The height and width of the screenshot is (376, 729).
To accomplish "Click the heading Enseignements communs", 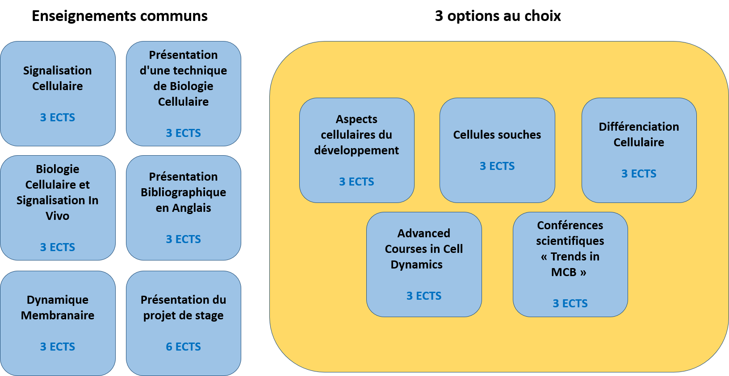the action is point(119,16).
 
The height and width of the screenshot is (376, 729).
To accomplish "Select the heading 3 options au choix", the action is point(498,16).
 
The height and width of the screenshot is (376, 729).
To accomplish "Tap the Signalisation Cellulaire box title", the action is point(58,79).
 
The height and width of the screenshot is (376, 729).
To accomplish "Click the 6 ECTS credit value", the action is point(183,347).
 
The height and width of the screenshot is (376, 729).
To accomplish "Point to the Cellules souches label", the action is point(497,135).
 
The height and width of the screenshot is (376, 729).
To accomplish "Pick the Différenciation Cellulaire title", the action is point(639,134).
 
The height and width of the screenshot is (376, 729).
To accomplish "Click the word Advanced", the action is point(424,233).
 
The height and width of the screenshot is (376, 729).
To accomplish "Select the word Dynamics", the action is point(416,265).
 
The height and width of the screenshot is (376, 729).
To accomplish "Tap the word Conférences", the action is point(570,225).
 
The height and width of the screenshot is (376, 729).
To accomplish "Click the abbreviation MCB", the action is point(564,272).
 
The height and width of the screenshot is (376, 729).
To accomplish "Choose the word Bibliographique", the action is point(183,192).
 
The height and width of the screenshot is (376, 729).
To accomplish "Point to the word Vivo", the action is point(58,216).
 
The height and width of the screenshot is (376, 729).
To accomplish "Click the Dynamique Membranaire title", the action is point(58,307).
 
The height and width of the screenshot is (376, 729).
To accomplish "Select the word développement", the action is point(356,150).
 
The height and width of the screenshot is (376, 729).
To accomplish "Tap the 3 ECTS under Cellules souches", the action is point(497,166).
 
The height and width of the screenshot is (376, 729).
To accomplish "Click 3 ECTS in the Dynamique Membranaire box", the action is point(58,347).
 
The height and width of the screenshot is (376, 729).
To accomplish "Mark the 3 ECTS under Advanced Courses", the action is point(424,296).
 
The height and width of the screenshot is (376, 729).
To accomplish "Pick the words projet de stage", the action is point(183,315).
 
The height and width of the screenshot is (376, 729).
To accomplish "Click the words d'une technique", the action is point(183,70).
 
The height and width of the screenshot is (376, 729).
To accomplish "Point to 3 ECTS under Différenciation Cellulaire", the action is point(639,174).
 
